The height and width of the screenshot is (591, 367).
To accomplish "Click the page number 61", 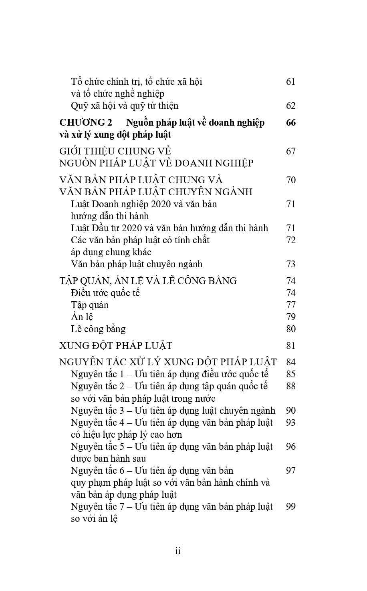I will pos(290,82).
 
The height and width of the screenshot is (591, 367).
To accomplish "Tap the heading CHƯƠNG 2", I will pos(85,122).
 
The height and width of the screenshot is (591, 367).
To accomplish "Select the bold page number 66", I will pos(291,122).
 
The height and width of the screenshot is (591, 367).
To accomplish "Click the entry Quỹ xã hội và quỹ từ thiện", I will pos(125,106).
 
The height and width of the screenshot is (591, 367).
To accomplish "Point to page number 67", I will pos(290,151).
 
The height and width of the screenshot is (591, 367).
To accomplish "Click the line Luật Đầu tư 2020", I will pos(169,228).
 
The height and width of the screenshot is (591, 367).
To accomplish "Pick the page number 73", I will pos(290,264).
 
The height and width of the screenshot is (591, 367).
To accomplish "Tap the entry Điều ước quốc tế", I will pos(105,293).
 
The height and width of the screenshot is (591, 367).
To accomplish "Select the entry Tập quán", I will pos(90,305).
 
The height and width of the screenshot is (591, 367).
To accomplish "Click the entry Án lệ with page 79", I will pos(82,317).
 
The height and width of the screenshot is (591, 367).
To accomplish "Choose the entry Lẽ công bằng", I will pos(98,329).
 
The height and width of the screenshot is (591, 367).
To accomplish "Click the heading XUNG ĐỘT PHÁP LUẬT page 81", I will pos(115,346).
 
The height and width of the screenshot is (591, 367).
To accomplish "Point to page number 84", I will pos(290,363).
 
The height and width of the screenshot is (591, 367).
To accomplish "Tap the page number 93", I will pos(290,423).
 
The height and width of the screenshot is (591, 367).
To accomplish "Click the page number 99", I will pos(290,507).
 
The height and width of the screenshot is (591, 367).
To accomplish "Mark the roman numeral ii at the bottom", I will pos(178,551).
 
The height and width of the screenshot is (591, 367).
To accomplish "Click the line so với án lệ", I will pos(94,519).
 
